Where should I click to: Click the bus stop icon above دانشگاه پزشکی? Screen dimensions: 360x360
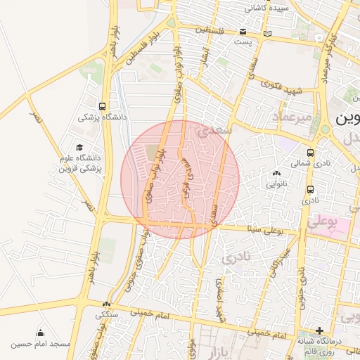click(103, 106)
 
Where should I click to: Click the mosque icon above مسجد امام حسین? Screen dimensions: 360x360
click(40, 333)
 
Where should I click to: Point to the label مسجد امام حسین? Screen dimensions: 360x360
click(41, 345)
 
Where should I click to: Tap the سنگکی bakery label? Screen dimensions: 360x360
click(108, 314)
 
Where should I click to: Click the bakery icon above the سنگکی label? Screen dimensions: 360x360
click(106, 304)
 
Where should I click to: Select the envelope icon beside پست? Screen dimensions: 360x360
click(243, 32)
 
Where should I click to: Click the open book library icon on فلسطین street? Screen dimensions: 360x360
click(266, 33)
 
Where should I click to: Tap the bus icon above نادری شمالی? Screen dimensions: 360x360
click(310, 153)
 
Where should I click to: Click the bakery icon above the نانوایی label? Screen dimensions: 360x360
click(275, 174)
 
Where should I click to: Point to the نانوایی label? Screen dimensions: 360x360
click(275, 184)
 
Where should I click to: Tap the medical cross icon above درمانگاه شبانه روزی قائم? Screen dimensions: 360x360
click(319, 330)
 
